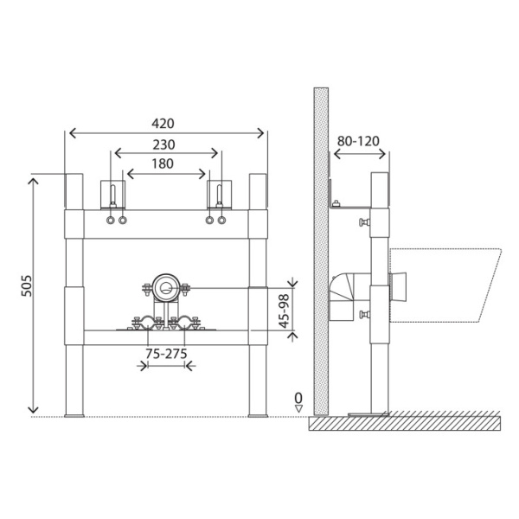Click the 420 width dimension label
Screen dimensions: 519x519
(x=163, y=124)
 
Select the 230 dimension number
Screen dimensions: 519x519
(x=163, y=144)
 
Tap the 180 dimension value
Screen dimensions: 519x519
(x=163, y=163)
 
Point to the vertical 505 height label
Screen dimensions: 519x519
(x=27, y=286)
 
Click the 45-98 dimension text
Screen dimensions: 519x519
(x=284, y=311)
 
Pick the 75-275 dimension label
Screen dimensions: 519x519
(x=166, y=354)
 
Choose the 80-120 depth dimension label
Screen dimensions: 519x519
(x=358, y=141)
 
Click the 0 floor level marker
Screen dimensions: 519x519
(x=298, y=397)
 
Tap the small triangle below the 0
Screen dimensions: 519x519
(x=298, y=408)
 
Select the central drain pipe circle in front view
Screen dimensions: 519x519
(x=166, y=288)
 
